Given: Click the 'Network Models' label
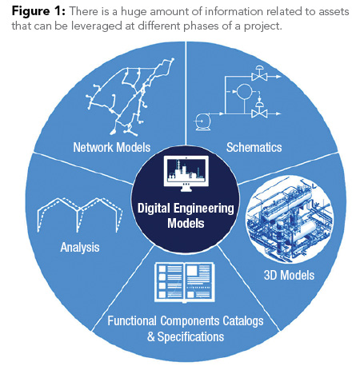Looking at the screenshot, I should click(x=112, y=148).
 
